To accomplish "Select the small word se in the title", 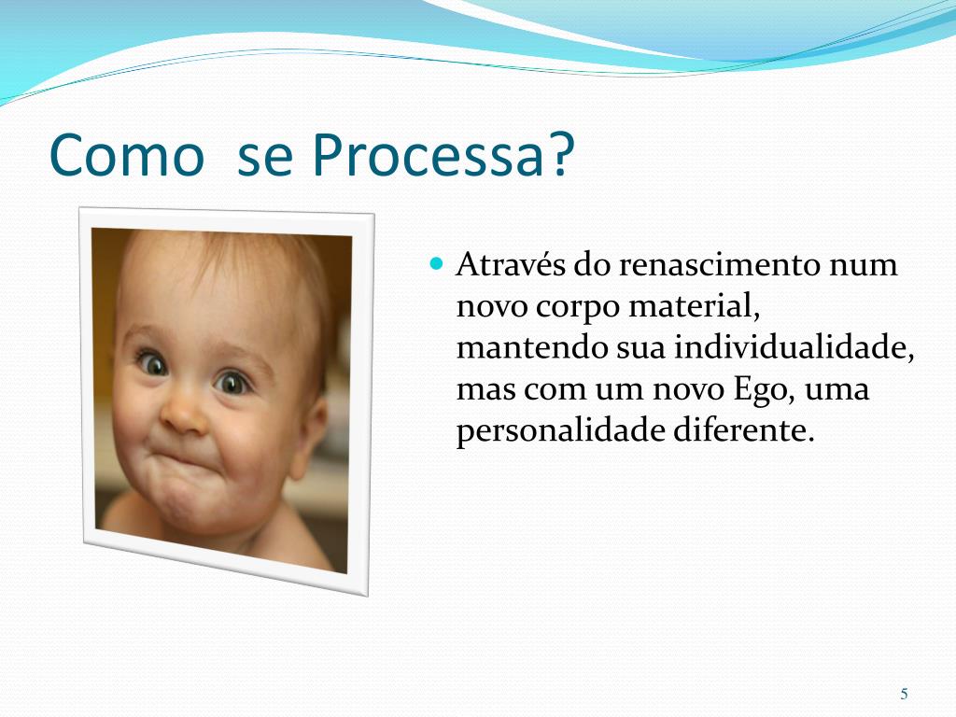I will point(265,157).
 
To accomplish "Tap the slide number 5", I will point(904,694).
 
